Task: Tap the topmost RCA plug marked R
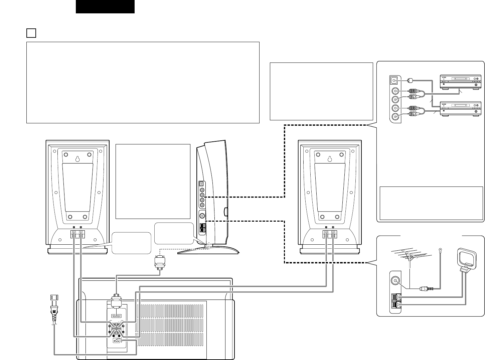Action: tap(412, 90)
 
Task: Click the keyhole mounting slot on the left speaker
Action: tap(77, 159)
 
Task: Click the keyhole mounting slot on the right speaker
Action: tap(330, 159)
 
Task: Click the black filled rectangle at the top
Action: tap(105, 6)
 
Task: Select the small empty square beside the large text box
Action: tap(31, 33)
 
